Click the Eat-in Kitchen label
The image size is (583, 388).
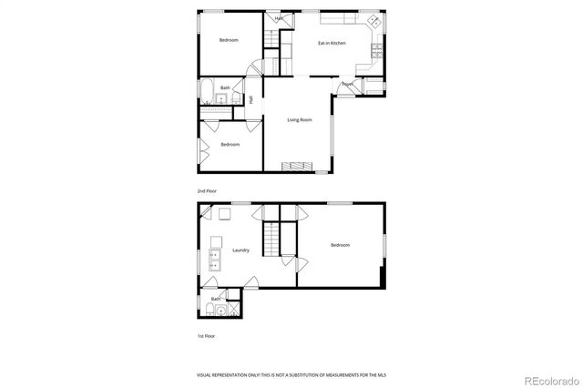click(332, 43)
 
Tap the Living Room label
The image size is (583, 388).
click(300, 120)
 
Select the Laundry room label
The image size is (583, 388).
click(241, 250)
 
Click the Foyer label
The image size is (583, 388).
click(348, 85)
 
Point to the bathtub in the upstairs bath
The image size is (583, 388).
click(208, 94)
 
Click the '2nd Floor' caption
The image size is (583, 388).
click(208, 191)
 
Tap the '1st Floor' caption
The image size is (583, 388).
click(207, 336)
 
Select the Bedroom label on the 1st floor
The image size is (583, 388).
click(340, 245)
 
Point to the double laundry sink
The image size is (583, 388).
click(216, 260)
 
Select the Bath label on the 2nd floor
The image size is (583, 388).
click(224, 87)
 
